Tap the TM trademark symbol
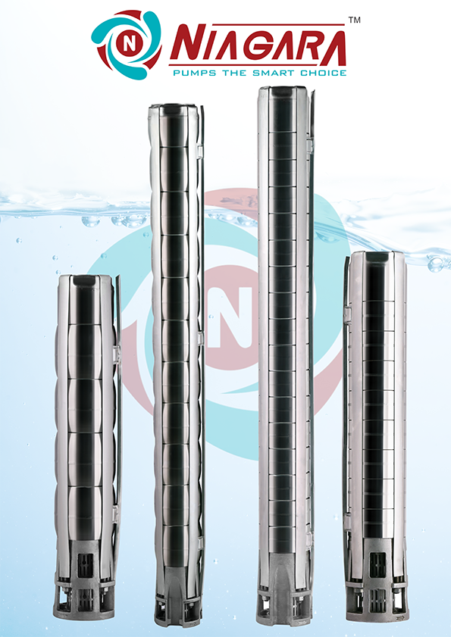pyautogui.click(x=354, y=20)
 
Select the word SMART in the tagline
pyautogui.click(x=274, y=73)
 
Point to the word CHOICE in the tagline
pyautogui.click(x=324, y=73)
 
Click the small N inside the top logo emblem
pyautogui.click(x=129, y=44)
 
